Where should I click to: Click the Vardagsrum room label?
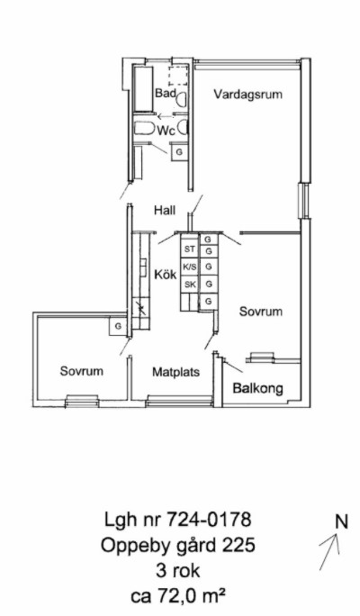[x=248, y=95]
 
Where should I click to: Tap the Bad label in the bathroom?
[x=165, y=93]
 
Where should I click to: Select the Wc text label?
[x=166, y=131]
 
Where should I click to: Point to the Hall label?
[x=165, y=210]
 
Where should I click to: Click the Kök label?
[x=166, y=274]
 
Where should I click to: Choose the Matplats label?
[x=175, y=372]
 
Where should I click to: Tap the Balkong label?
[x=258, y=388]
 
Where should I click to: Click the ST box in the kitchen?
[x=190, y=249]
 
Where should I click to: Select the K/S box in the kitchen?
[x=190, y=267]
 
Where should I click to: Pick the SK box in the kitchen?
[x=190, y=285]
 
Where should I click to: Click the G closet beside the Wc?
[x=179, y=152]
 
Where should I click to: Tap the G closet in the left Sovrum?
[x=118, y=326]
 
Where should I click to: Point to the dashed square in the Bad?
[x=178, y=76]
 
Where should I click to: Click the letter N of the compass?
[x=341, y=522]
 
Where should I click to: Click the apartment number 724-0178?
[x=209, y=520]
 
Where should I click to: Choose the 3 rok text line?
[x=178, y=570]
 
